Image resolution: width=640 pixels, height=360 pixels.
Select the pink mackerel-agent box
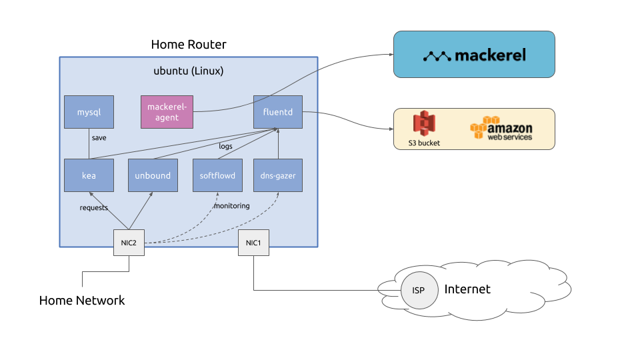tap(169, 112)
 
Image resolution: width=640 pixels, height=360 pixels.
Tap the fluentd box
tap(278, 112)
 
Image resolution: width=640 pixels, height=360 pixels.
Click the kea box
tap(89, 175)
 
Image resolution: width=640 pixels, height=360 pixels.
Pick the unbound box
tap(153, 175)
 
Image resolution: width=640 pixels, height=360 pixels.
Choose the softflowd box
tap(217, 175)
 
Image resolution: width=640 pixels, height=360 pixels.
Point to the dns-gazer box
tap(278, 175)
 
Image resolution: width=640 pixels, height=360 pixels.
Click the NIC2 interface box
tap(129, 243)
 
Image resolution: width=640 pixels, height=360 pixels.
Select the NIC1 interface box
tap(253, 243)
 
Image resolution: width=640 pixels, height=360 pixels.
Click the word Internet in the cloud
tap(467, 289)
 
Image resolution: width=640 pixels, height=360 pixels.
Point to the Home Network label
tap(82, 301)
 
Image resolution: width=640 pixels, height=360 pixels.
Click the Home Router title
tap(189, 45)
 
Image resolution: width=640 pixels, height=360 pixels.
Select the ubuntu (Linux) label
tap(189, 71)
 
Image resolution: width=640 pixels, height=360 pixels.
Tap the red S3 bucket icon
tap(424, 124)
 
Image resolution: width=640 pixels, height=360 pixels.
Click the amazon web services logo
tap(501, 128)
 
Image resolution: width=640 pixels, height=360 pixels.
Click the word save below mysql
tap(99, 138)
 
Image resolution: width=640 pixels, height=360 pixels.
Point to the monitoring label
tap(231, 206)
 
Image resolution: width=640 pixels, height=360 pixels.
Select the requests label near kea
tap(94, 207)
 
